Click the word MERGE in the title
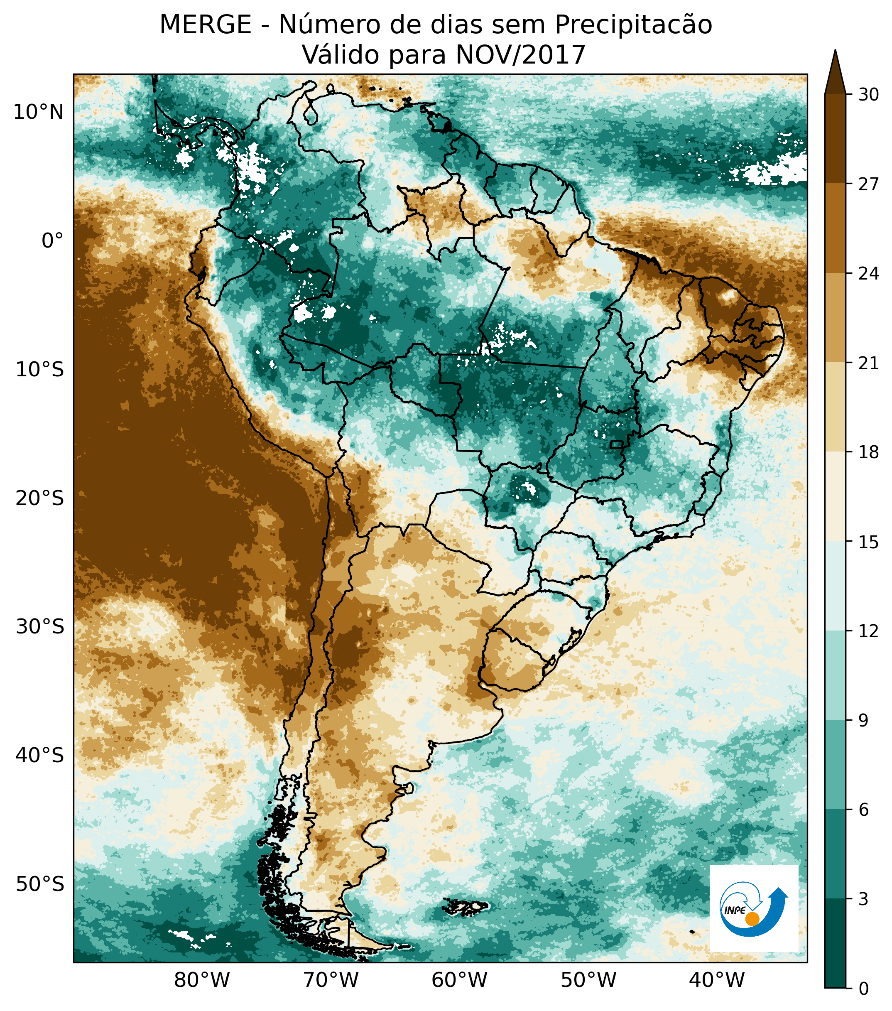[205, 25]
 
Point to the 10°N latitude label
[39, 112]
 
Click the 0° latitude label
[53, 241]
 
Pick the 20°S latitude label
[40, 498]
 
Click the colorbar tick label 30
[868, 94]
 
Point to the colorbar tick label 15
[868, 542]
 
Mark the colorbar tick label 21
[868, 363]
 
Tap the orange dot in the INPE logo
[752, 918]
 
